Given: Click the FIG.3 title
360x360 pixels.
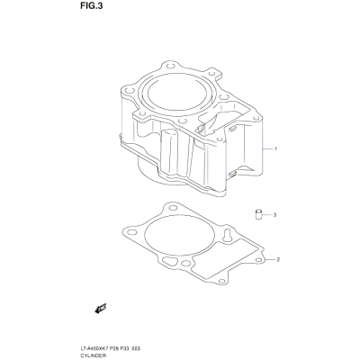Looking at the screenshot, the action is [91, 6].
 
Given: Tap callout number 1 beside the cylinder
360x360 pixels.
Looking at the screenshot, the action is [275, 148].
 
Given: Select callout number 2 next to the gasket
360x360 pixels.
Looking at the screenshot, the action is [278, 259].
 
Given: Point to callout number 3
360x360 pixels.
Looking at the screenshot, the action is [274, 215].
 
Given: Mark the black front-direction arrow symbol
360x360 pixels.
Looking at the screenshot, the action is [101, 309].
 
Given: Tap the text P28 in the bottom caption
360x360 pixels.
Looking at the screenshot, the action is [112, 349].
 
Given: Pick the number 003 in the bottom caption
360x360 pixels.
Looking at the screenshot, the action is [137, 349].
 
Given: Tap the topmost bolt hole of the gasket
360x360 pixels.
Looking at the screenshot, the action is [173, 208].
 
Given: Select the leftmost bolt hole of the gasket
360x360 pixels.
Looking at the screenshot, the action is [132, 232].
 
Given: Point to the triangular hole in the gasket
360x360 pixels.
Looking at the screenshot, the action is [169, 261].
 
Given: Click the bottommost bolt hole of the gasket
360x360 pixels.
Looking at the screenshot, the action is [222, 281].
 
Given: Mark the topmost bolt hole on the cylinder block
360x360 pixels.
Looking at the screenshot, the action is [170, 66].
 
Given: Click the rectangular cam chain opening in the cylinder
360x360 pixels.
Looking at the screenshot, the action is [224, 117].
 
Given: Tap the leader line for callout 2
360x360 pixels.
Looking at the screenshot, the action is [270, 259].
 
